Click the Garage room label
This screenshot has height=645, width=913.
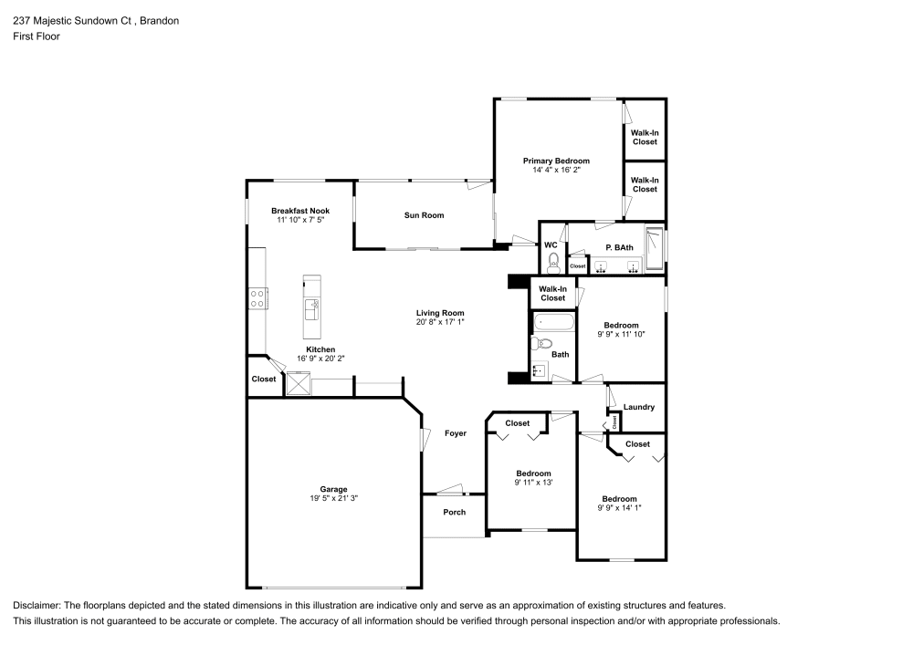pyautogui.click(x=327, y=489)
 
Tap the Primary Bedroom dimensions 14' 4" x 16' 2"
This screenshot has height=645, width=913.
pyautogui.click(x=556, y=170)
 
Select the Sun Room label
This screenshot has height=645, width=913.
pyautogui.click(x=424, y=215)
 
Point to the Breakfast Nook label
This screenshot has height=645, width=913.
pyautogui.click(x=299, y=210)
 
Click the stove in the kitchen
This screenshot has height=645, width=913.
pyautogui.click(x=257, y=298)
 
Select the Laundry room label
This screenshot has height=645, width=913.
pyautogui.click(x=638, y=407)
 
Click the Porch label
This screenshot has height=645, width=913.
pyautogui.click(x=454, y=512)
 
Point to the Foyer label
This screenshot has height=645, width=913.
pyautogui.click(x=455, y=432)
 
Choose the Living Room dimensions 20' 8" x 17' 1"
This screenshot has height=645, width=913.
pyautogui.click(x=441, y=321)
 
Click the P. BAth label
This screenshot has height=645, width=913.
pyautogui.click(x=619, y=247)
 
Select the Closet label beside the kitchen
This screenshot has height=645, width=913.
pyautogui.click(x=264, y=379)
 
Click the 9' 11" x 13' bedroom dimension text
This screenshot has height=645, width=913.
pyautogui.click(x=533, y=482)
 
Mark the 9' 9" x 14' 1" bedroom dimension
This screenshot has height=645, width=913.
pyautogui.click(x=619, y=507)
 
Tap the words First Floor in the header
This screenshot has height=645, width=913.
pyautogui.click(x=36, y=36)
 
